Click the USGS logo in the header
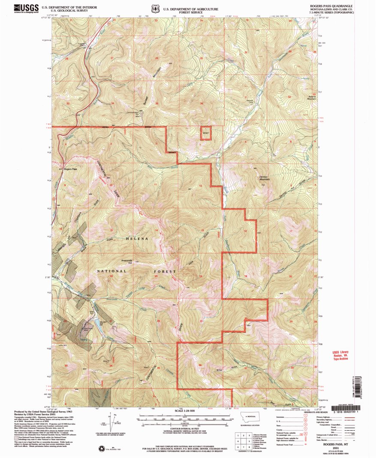tap(26, 8)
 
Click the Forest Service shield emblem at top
tap(154, 8)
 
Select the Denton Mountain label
tap(266, 178)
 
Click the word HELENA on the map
tap(137, 238)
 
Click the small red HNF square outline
tap(206, 133)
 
